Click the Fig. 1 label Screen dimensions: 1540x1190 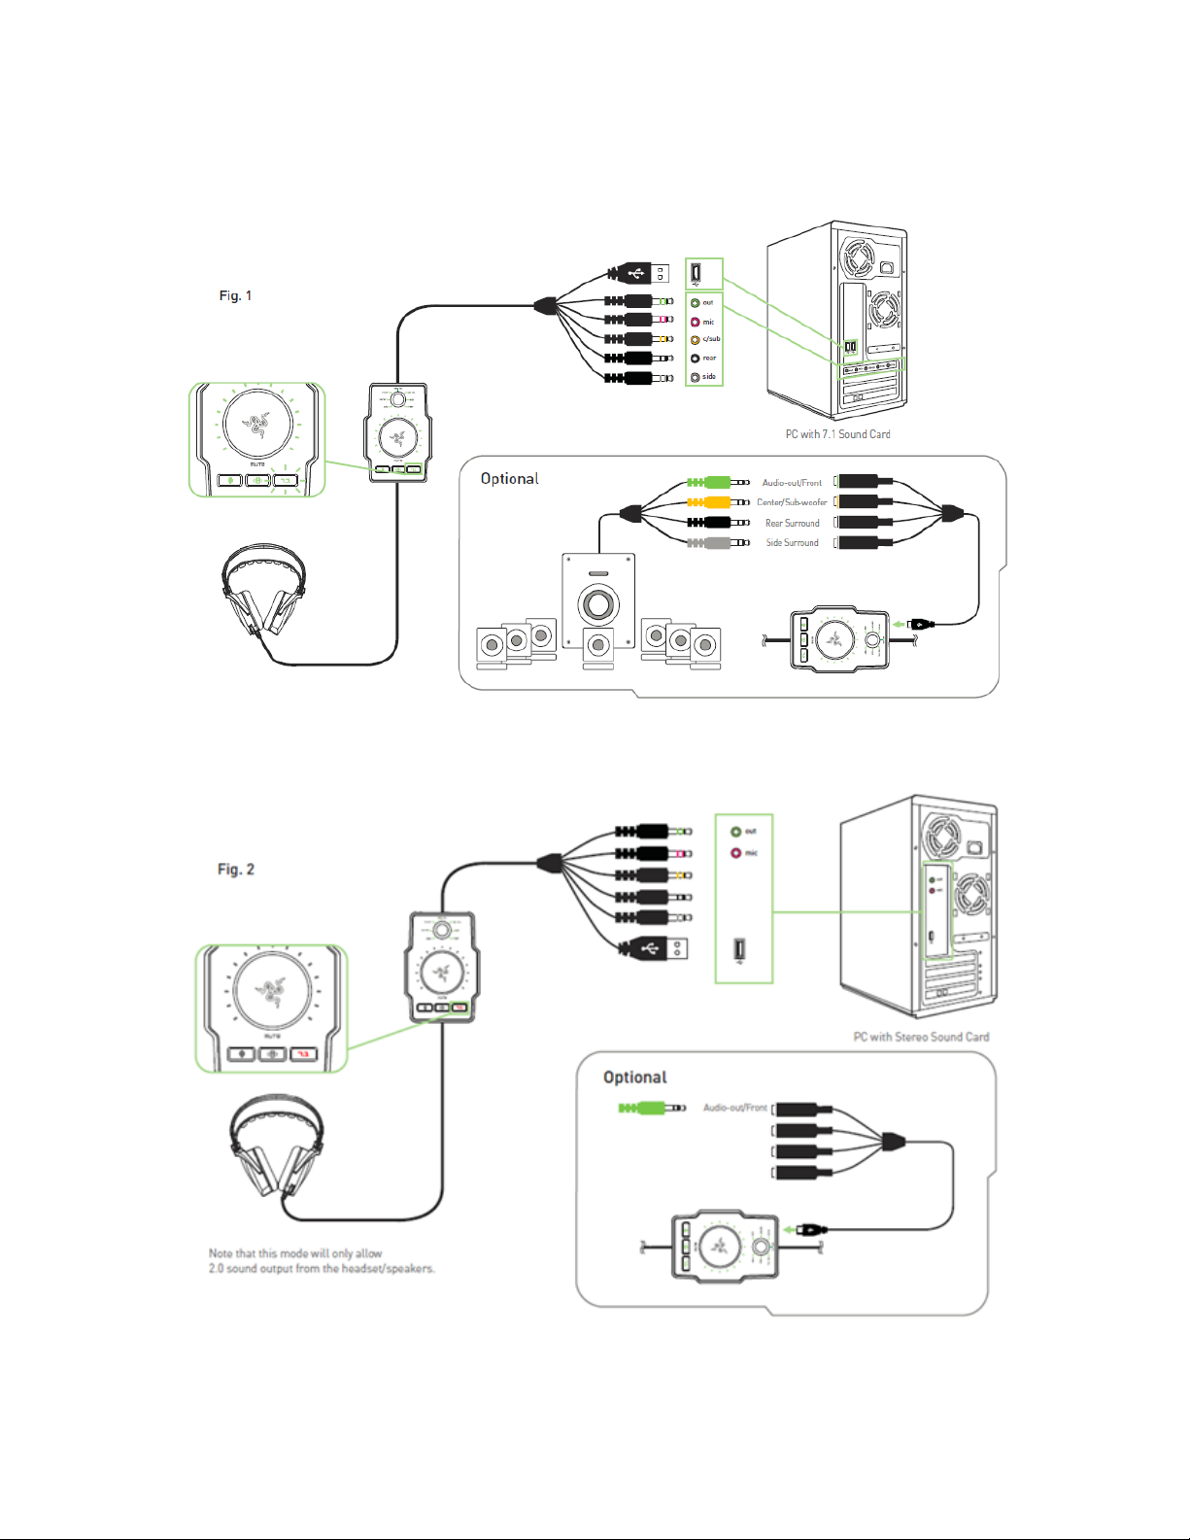235,295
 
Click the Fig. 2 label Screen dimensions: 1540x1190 236,869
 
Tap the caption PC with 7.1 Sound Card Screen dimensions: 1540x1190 837,434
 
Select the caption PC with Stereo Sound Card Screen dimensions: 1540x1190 921,1037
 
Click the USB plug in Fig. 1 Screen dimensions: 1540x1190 641,273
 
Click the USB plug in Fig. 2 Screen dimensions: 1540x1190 657,947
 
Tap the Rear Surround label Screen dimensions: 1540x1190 792,523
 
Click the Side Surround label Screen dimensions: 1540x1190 792,543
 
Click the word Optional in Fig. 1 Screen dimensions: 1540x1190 509,479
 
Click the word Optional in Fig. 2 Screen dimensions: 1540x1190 634,1078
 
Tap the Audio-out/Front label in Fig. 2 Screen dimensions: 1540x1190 734,1108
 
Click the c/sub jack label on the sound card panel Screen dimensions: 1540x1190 711,339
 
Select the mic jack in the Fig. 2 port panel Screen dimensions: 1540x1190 736,853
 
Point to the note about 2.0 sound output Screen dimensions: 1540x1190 321,1261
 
